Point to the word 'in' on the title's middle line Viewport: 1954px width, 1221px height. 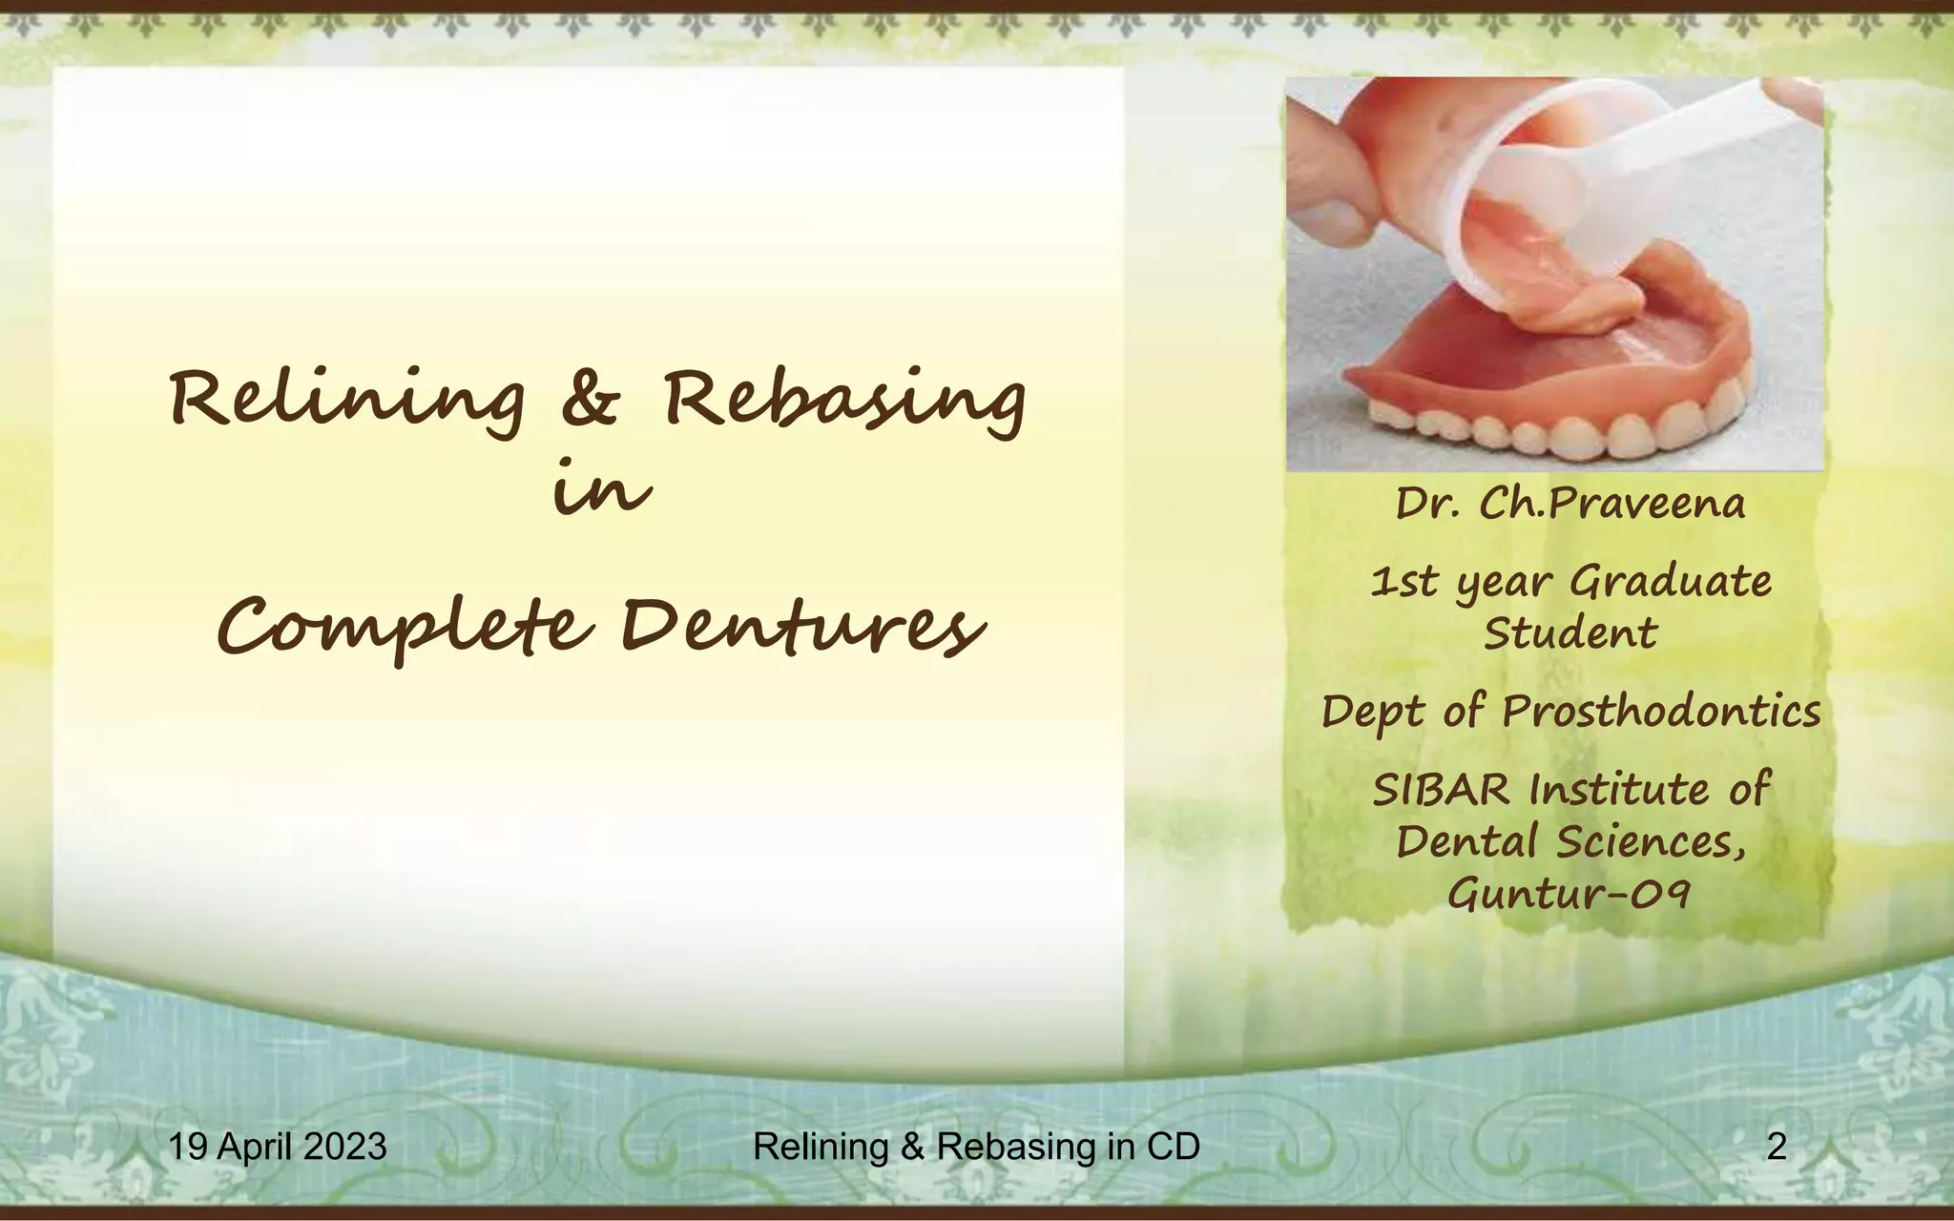click(x=602, y=492)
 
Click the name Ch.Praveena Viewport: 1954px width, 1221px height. click(x=1611, y=504)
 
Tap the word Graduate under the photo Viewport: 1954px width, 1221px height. click(x=1670, y=581)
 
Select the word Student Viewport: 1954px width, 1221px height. click(x=1570, y=633)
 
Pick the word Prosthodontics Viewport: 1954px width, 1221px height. click(x=1661, y=712)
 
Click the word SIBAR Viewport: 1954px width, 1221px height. click(x=1442, y=790)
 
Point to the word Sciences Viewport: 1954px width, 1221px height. click(x=1651, y=841)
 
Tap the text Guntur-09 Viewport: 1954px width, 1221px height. click(x=1569, y=894)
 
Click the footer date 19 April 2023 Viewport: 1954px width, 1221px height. click(x=278, y=1146)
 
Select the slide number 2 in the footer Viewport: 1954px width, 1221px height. click(x=1776, y=1146)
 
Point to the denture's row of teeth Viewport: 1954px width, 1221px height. click(x=1565, y=434)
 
